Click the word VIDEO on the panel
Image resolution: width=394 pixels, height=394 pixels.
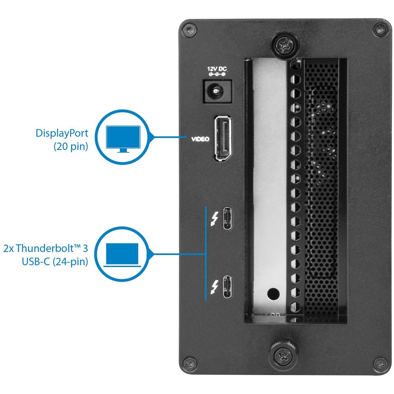coord(200,140)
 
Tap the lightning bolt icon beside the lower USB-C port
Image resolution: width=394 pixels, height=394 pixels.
coord(214,286)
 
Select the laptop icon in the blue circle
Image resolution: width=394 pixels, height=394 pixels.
coord(123,255)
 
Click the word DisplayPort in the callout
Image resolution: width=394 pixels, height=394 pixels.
coord(62,133)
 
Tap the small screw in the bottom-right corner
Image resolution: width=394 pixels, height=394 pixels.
coord(380,363)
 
